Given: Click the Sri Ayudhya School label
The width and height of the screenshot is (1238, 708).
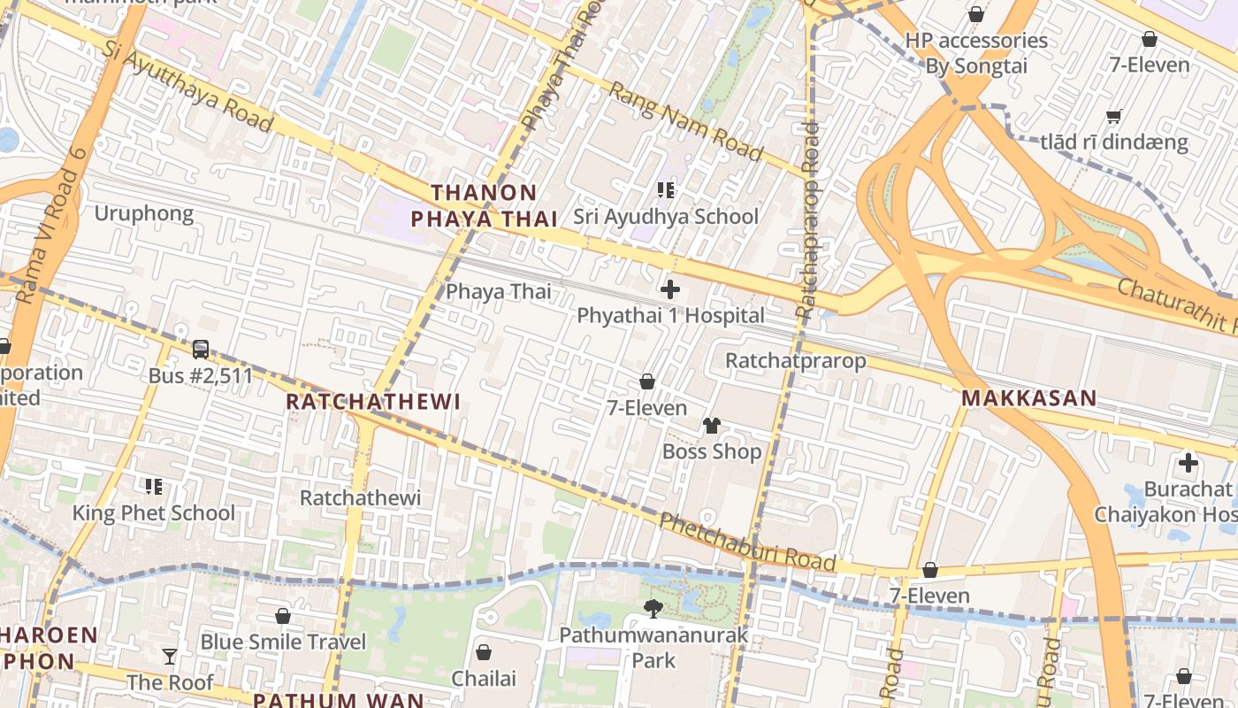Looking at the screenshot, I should pyautogui.click(x=665, y=217).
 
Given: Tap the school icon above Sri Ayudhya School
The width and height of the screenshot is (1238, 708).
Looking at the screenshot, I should pyautogui.click(x=666, y=189).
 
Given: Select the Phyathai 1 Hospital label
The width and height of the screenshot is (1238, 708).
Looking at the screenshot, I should pyautogui.click(x=670, y=316).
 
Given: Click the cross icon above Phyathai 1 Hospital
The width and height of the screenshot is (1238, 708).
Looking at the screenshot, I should pyautogui.click(x=670, y=289).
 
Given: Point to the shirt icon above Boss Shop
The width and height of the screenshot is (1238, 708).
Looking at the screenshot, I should pyautogui.click(x=711, y=426).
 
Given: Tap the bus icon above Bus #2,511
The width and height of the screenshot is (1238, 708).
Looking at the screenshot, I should pyautogui.click(x=201, y=350).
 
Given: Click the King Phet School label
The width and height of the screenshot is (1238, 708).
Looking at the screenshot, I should pyautogui.click(x=154, y=513).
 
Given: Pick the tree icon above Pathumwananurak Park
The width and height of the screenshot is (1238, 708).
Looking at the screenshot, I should pyautogui.click(x=653, y=608).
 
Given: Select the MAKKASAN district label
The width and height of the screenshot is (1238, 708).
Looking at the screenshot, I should pyautogui.click(x=1029, y=398).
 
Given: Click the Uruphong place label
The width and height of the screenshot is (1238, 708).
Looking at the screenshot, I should pyautogui.click(x=143, y=213).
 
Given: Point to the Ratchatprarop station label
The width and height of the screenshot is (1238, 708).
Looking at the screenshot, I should pyautogui.click(x=796, y=361).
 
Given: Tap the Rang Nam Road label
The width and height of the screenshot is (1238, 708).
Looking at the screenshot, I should pyautogui.click(x=685, y=122).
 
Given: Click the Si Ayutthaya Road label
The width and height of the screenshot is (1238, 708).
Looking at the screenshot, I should pyautogui.click(x=187, y=87).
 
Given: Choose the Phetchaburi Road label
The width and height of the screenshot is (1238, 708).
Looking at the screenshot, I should pyautogui.click(x=747, y=540).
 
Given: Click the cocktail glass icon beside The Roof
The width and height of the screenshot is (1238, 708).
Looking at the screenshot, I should pyautogui.click(x=170, y=656).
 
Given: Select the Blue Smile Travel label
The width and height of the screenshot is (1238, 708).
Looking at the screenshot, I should pyautogui.click(x=283, y=642).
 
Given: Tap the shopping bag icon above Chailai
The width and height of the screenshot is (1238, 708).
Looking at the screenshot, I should pyautogui.click(x=484, y=652).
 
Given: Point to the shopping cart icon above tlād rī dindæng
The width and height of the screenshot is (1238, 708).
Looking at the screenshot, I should pyautogui.click(x=1114, y=116).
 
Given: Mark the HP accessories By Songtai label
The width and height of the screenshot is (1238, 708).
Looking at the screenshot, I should pyautogui.click(x=976, y=53).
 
